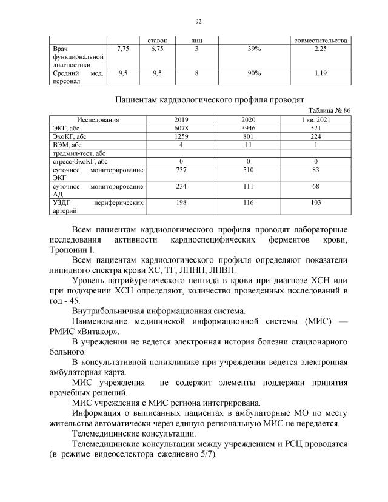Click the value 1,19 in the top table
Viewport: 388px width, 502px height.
pos(321,73)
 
